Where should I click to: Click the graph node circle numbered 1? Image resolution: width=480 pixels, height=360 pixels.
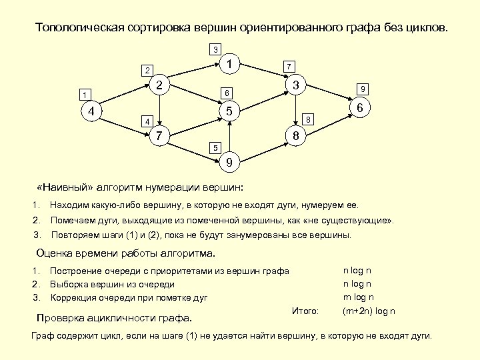point(229,65)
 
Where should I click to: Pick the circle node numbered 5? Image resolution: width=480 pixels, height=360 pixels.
point(229,111)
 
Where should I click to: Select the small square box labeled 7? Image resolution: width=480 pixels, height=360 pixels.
point(288,67)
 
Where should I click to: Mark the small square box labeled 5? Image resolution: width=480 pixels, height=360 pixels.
point(214,147)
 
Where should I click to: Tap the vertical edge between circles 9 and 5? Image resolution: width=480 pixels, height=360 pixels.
point(229,137)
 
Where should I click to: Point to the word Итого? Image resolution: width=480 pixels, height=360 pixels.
point(305,311)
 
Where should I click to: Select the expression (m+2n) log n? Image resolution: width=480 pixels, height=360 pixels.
point(369,311)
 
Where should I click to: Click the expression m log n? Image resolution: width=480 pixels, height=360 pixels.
point(358,297)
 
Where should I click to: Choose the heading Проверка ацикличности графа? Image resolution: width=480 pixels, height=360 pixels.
point(113,317)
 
